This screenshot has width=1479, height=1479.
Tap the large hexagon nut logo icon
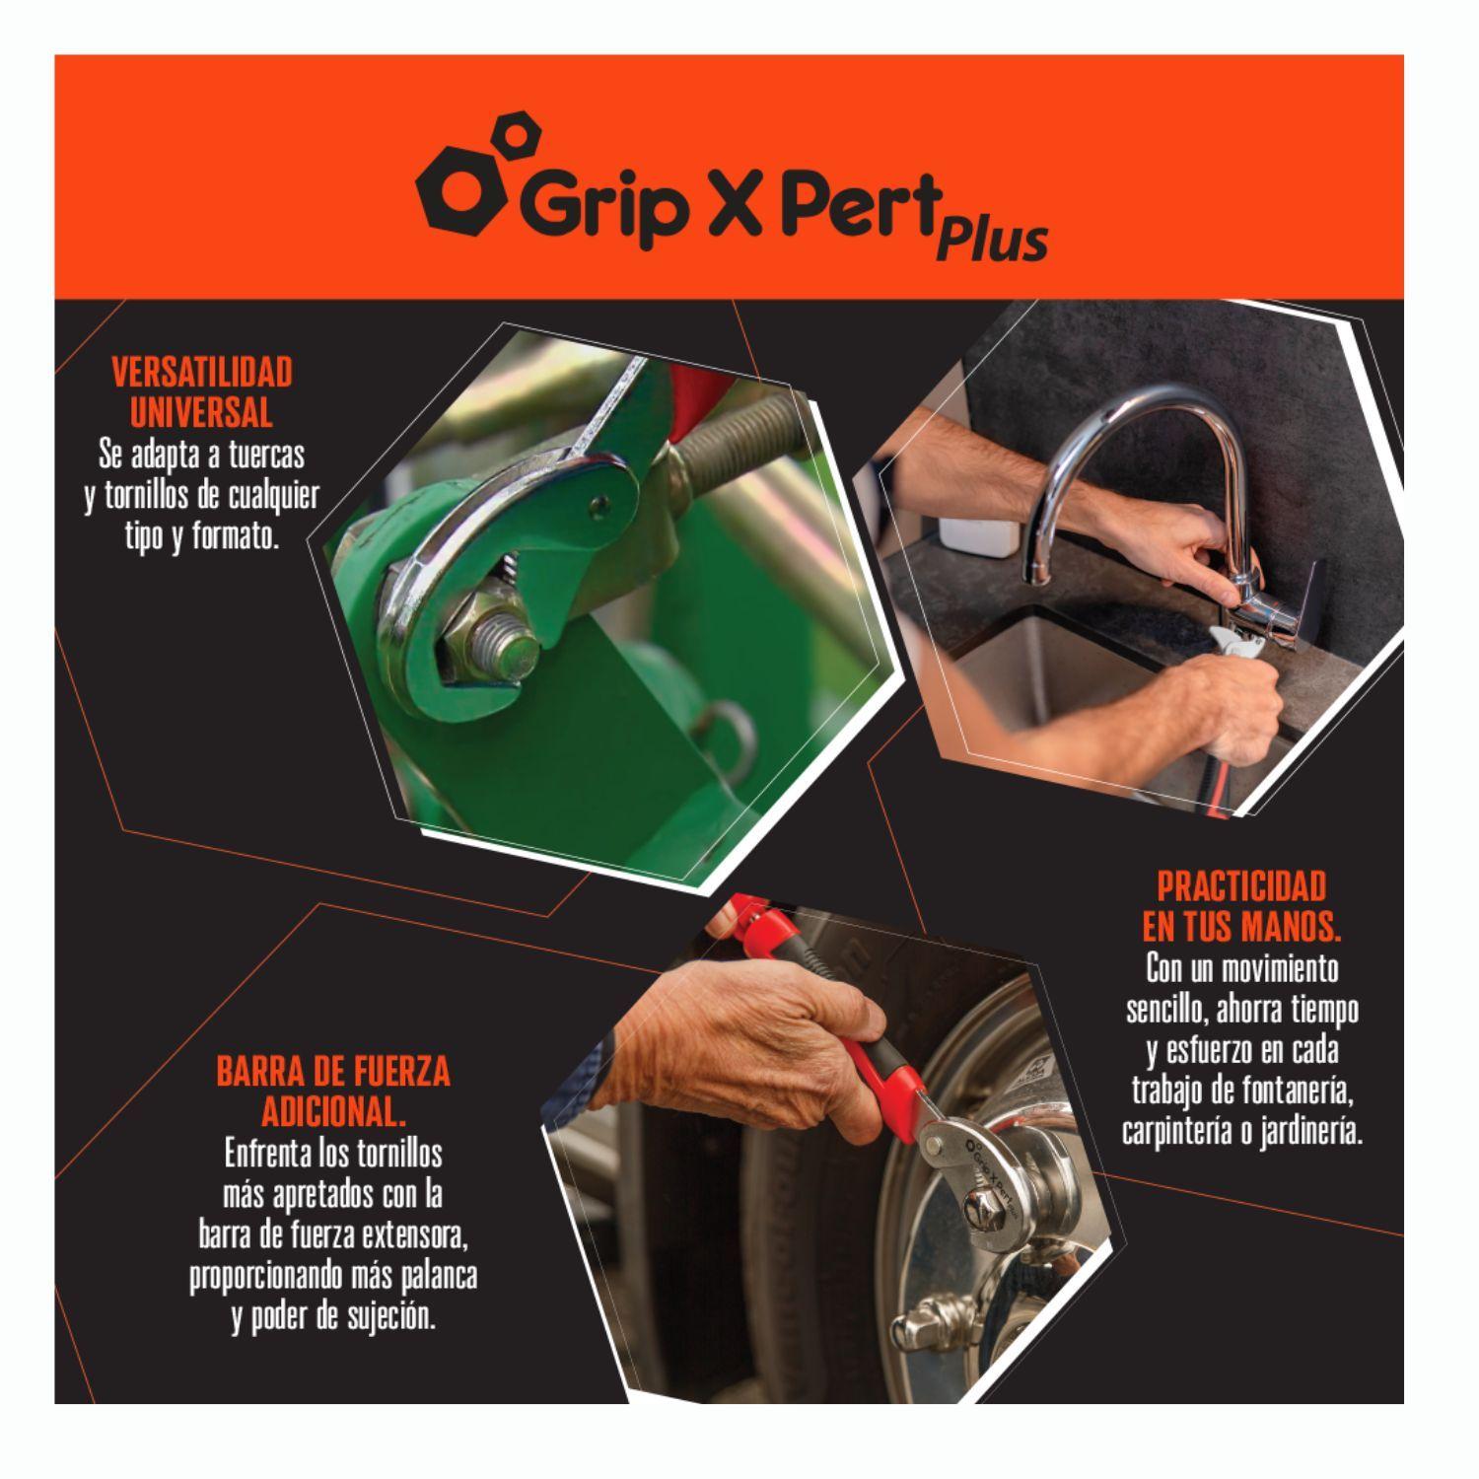click(x=457, y=186)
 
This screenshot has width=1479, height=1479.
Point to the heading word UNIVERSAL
click(x=202, y=411)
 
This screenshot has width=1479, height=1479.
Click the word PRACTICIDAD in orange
click(x=1241, y=886)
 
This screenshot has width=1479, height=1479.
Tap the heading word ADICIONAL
click(x=332, y=1112)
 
